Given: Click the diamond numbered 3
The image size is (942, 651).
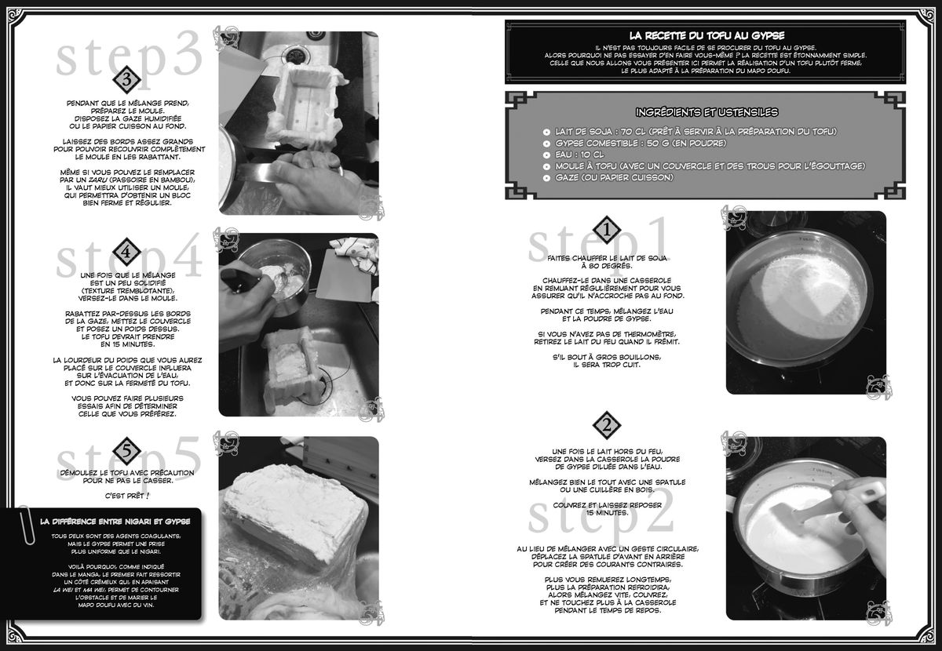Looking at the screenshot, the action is pos(126,79).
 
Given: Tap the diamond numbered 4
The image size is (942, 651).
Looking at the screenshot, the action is pos(126,252).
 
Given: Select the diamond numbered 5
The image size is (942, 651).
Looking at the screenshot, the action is pos(126,451).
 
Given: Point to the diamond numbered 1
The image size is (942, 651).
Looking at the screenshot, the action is pos(606,230).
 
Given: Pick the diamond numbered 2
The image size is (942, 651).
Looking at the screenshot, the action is pos(606,425).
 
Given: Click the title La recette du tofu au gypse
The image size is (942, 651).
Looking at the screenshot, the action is pos(707,36).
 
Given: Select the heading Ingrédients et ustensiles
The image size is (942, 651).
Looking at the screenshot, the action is pos(707,112).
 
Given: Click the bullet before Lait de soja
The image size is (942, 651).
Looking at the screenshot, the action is pos(546,132).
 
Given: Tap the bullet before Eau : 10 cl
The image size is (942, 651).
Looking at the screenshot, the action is pos(546,155).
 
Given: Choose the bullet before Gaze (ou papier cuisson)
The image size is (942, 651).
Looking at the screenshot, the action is pos(546,178).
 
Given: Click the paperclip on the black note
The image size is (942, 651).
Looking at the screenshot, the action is pos(26,526).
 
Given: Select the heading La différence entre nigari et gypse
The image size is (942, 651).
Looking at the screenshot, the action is pos(115,522).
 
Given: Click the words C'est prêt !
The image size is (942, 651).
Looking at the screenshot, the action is pos(127,496).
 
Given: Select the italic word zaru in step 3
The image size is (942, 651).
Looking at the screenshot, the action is pos(97,180).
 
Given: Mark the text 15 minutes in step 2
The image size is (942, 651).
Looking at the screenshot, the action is pos(607,513).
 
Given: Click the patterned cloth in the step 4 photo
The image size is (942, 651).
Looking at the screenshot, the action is pos(354,252).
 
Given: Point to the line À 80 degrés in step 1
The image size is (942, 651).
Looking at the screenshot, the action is pos(607,266).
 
